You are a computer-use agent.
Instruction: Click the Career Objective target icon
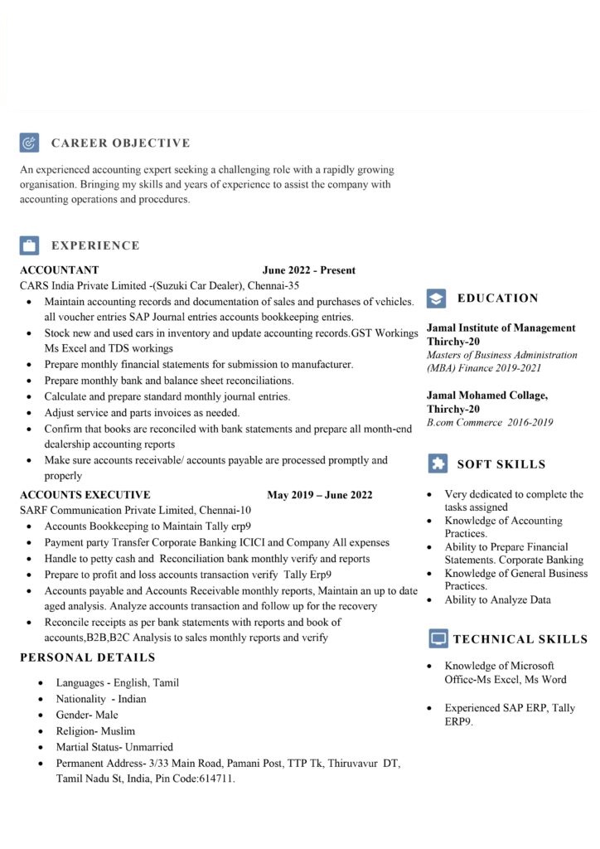click(x=29, y=143)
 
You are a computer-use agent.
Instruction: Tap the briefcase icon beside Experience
click(x=29, y=245)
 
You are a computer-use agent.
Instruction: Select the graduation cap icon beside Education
click(x=437, y=298)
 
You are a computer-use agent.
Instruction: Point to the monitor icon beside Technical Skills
click(x=438, y=638)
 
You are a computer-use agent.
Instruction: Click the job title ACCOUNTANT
click(x=59, y=270)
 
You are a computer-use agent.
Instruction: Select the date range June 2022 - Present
click(x=308, y=270)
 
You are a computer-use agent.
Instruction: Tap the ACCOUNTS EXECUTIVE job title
click(x=85, y=495)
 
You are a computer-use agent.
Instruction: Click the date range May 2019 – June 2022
click(x=319, y=495)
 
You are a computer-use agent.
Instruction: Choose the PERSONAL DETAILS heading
click(x=87, y=657)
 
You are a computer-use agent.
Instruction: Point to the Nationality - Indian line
click(x=100, y=699)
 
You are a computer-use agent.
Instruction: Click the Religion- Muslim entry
click(x=95, y=731)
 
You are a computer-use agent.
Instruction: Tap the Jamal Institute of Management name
click(x=501, y=328)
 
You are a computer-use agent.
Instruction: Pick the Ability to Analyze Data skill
click(x=497, y=599)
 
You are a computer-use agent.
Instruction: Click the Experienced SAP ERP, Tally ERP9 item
click(x=509, y=715)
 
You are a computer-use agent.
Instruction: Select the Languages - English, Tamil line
click(x=117, y=683)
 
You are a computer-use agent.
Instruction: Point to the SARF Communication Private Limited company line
click(x=135, y=511)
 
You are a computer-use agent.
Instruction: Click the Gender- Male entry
click(x=87, y=715)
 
